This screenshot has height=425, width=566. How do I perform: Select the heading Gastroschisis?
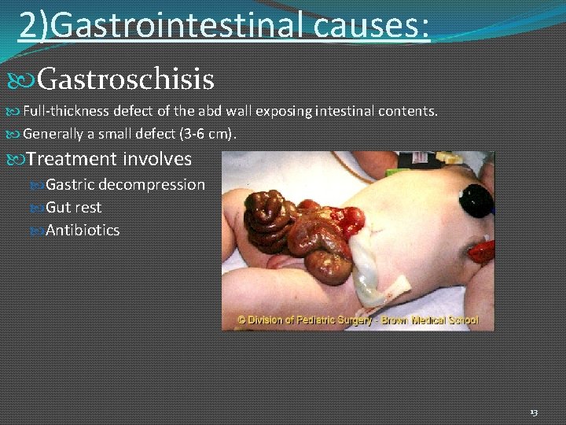point(125,79)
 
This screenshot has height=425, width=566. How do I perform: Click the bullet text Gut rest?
point(74,208)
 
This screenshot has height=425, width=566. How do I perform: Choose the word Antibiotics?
point(83,231)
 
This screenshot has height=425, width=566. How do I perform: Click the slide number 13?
point(534,412)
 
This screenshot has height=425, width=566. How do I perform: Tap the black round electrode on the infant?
point(477,198)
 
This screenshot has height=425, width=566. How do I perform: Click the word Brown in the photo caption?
point(393,321)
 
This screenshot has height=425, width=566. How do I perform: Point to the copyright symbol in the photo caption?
point(242,321)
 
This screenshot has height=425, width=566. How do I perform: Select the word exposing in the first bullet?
point(287,112)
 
